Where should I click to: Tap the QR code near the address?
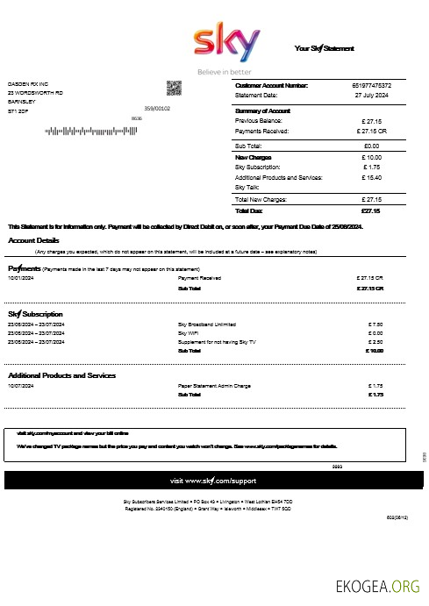click(174, 88)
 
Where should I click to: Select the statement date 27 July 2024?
click(372, 94)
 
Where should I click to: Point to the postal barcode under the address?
click(88, 132)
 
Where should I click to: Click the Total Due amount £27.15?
click(370, 210)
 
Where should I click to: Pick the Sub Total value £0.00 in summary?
click(370, 146)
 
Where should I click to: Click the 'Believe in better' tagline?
click(224, 71)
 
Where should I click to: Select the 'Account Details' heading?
click(34, 239)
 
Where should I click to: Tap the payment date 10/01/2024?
click(21, 277)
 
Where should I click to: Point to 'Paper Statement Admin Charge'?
click(215, 385)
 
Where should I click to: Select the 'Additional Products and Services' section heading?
click(61, 375)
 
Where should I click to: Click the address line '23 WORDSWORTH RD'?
click(35, 93)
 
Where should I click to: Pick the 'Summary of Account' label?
click(263, 111)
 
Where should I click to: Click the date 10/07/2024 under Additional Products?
click(21, 385)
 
